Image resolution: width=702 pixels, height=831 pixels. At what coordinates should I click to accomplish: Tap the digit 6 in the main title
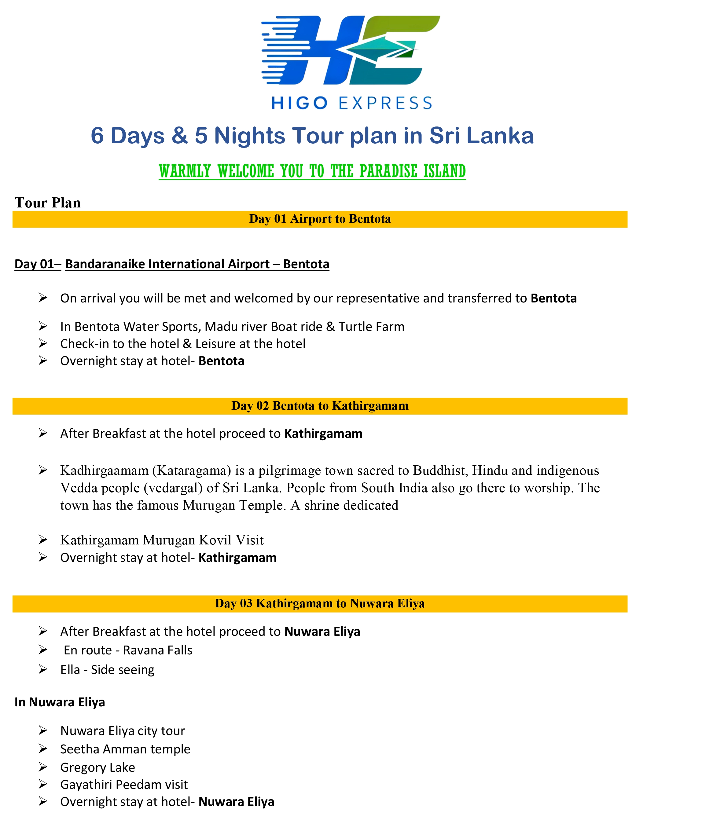[97, 136]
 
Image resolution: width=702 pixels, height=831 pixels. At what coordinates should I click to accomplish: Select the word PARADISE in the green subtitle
[388, 171]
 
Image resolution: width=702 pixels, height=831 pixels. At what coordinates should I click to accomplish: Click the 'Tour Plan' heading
[47, 203]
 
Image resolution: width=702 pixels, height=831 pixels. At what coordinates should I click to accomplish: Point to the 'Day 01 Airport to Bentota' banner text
[320, 219]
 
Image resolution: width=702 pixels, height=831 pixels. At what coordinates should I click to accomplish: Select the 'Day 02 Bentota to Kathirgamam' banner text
[320, 406]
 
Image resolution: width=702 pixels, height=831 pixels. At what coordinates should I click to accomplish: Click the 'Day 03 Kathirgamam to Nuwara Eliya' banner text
[320, 603]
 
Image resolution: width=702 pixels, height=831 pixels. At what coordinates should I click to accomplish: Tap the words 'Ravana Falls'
[158, 650]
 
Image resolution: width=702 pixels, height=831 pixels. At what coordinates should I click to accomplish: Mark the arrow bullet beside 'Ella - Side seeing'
[43, 669]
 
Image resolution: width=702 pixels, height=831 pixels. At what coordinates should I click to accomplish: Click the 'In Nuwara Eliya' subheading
[60, 702]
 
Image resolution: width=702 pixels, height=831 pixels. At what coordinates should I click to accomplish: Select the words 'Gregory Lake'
[97, 767]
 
